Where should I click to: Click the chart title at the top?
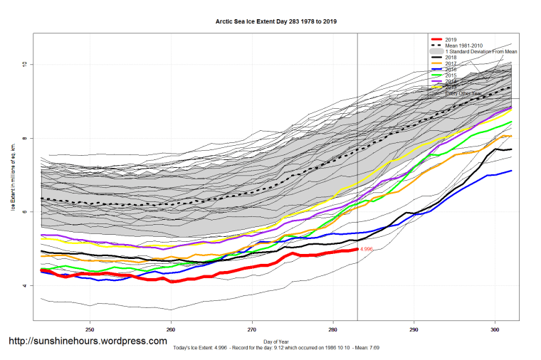point(276,21)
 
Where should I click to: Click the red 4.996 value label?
point(367,249)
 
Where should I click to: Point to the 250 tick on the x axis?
point(90,330)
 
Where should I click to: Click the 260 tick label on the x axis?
point(171,330)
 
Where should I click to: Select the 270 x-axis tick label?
point(252,330)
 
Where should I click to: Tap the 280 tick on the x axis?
point(333,330)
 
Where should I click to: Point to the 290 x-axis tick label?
point(414,330)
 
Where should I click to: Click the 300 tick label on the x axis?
point(495,330)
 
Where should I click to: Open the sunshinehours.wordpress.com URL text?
point(88,342)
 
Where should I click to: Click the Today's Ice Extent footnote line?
point(276,349)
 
